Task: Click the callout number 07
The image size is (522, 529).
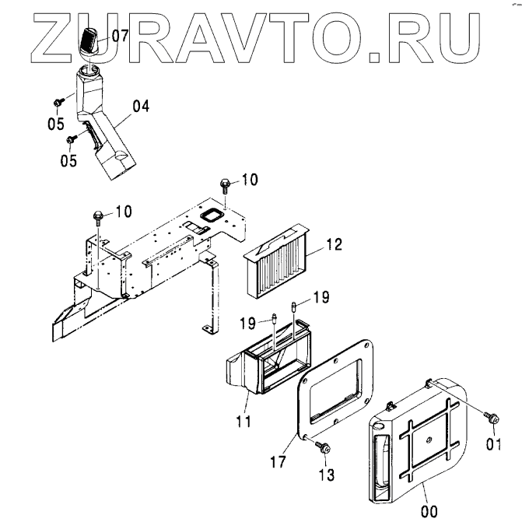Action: pyautogui.click(x=120, y=35)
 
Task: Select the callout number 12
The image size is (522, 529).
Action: pyautogui.click(x=335, y=245)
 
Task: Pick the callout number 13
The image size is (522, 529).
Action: pyautogui.click(x=328, y=474)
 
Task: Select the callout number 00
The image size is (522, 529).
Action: pyautogui.click(x=429, y=511)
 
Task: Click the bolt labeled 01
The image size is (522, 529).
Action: pyautogui.click(x=492, y=418)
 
